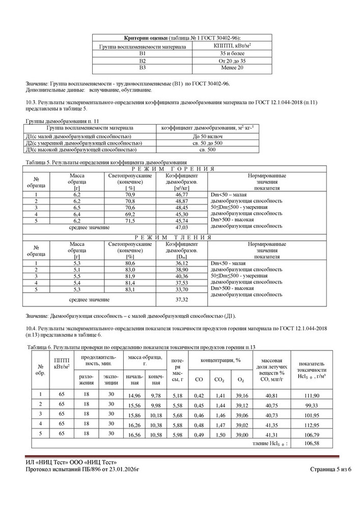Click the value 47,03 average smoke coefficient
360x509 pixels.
click(x=177, y=228)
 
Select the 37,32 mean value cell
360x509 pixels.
click(x=177, y=299)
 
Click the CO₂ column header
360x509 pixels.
click(x=220, y=380)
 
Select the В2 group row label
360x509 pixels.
click(x=142, y=60)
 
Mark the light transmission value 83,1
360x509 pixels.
click(x=130, y=289)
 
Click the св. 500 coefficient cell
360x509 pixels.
click(x=207, y=150)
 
